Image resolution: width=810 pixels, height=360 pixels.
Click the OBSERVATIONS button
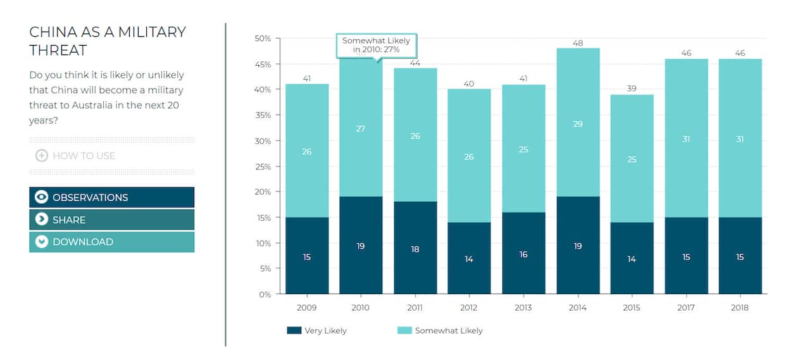point(111,197)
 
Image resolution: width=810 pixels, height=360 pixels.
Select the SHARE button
point(111,220)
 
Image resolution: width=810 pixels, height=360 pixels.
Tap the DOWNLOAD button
point(111,242)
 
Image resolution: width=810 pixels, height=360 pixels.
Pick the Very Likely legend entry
point(316,330)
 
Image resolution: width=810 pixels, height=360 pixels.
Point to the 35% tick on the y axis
point(263,115)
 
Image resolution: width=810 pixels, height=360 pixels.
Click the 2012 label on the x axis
point(469,307)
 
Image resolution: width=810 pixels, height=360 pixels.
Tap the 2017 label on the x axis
point(686,307)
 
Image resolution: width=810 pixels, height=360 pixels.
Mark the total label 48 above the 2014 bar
point(578,43)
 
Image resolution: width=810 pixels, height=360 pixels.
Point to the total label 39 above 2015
point(632,89)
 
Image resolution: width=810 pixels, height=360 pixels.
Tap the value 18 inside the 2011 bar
point(415,249)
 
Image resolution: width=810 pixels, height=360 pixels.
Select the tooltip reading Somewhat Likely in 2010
point(377,45)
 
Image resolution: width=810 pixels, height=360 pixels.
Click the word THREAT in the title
point(58,50)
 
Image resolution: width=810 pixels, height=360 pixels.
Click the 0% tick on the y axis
point(265,294)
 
